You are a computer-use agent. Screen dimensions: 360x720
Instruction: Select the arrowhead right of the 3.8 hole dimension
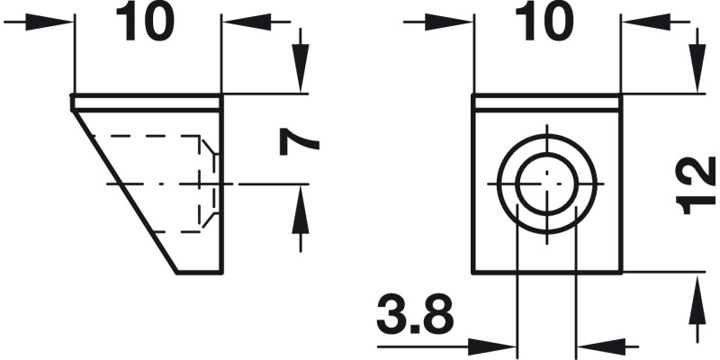click(x=593, y=345)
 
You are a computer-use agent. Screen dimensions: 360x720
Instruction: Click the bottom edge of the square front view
click(x=546, y=272)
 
